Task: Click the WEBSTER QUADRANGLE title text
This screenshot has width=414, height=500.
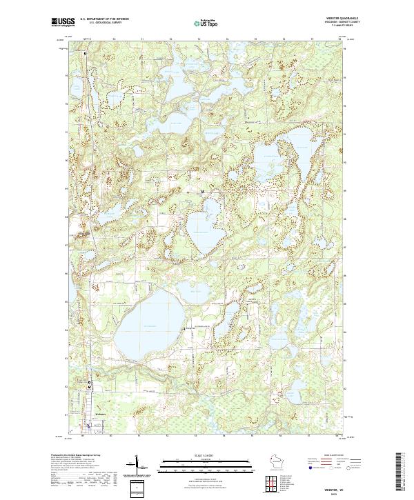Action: (345, 19)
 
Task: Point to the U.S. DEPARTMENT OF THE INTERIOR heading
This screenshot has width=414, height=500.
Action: (103, 19)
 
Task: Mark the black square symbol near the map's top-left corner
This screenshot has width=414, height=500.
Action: (85, 52)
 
